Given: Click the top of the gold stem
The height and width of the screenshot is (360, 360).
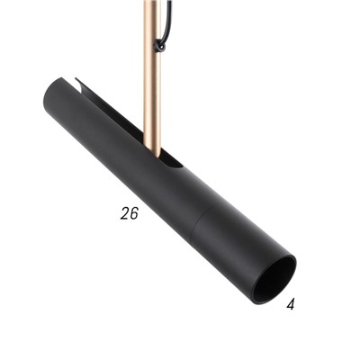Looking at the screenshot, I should [151, 4].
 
